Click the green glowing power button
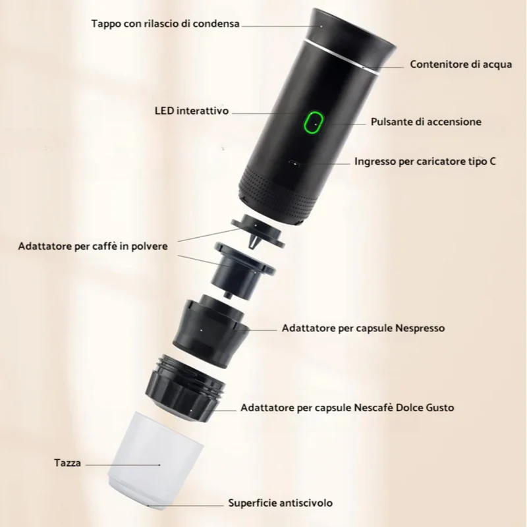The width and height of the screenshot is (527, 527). [x=314, y=123]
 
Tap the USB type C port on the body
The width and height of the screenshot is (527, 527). [x=294, y=163]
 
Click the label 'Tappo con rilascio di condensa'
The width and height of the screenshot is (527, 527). [x=165, y=24]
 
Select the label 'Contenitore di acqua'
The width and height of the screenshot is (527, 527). [x=460, y=64]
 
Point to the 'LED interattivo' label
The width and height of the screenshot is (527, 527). [x=192, y=111]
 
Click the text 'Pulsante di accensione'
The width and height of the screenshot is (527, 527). [x=426, y=122]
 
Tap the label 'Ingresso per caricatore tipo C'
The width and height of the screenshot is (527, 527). [x=425, y=161]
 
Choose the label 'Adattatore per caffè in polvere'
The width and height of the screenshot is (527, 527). [x=93, y=246]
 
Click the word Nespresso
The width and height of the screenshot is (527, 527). [x=420, y=328]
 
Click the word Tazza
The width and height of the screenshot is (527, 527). [x=68, y=463]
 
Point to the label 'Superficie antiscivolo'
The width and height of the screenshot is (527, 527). [x=281, y=503]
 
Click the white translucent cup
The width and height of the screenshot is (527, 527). [x=155, y=460]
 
